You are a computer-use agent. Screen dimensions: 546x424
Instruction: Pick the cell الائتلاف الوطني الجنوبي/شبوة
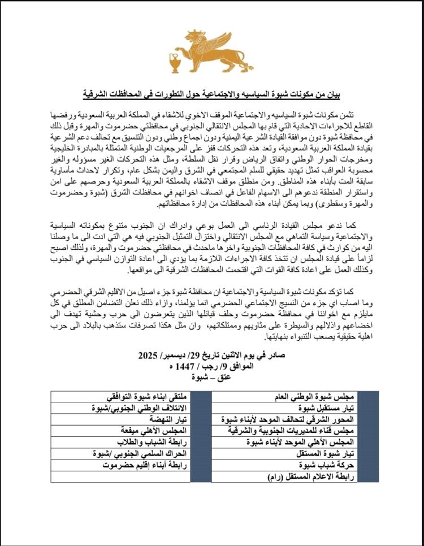click(x=149, y=408)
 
